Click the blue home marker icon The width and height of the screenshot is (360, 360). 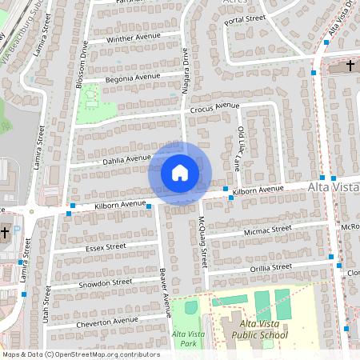180,173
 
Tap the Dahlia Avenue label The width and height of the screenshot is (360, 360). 126,159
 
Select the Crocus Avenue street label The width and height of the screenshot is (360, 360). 215,106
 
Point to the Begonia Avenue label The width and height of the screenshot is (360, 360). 136,78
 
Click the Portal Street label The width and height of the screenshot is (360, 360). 245,18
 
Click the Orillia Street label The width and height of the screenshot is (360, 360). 270,267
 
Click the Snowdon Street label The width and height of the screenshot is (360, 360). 105,283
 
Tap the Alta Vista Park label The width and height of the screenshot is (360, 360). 183,338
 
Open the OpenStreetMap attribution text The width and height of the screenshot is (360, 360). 80,354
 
